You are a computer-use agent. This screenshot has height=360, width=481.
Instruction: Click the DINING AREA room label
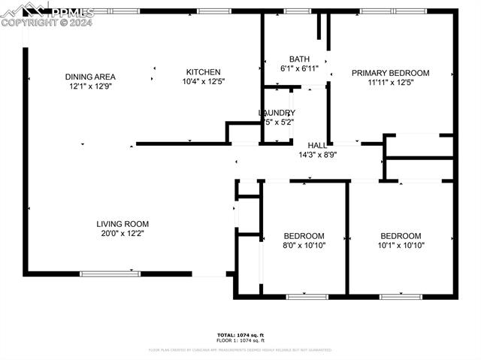89,76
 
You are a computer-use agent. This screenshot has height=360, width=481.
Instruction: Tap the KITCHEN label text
203,72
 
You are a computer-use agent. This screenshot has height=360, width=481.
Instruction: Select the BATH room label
299,59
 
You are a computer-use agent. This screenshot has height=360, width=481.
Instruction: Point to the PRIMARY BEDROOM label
390,73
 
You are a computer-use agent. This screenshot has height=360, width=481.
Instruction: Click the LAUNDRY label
277,113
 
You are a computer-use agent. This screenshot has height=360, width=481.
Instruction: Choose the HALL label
316,144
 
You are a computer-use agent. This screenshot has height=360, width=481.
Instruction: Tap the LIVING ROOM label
122,223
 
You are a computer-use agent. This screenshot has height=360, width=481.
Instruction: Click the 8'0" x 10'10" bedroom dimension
304,245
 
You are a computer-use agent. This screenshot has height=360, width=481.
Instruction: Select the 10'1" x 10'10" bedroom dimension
400,245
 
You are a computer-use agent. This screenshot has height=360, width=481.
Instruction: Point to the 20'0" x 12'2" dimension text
122,233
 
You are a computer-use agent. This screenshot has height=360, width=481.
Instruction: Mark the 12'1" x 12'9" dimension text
89,86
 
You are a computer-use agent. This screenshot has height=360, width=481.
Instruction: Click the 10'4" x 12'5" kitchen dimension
203,81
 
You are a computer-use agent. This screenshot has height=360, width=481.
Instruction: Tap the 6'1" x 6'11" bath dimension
299,68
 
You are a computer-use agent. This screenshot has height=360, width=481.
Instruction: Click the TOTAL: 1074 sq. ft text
240,334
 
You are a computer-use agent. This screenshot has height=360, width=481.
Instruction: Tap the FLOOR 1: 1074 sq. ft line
240,340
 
